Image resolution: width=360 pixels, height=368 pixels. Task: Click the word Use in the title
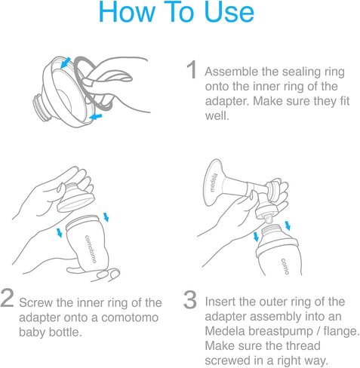coord(229,12)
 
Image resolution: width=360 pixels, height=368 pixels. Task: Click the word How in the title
coord(127,12)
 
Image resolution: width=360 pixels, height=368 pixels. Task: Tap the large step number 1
coord(192,69)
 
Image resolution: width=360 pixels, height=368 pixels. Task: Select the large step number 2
coord(7,298)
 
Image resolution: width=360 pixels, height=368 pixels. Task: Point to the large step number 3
coord(189,299)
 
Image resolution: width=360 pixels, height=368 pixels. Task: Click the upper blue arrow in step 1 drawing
coord(66,63)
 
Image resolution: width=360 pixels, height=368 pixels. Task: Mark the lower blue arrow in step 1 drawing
coord(96,117)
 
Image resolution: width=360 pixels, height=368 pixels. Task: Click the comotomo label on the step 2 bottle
coord(91,249)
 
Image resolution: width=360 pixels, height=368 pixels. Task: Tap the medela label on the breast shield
coord(214,182)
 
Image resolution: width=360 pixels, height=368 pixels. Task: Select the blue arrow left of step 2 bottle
coord(60,232)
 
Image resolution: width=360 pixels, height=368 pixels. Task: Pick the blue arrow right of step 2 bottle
coord(106,217)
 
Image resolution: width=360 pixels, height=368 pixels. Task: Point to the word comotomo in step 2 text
coord(130,317)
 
